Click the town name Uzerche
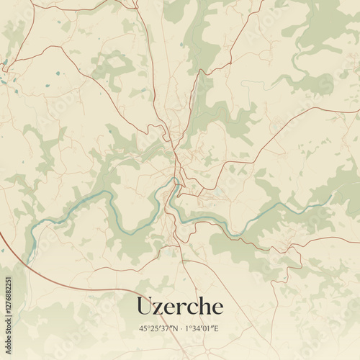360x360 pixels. point(179,306)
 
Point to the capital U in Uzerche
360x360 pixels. point(143,306)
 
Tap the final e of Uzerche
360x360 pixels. point(217,308)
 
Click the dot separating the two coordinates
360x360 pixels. point(181,329)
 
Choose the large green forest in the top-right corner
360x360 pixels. point(324,29)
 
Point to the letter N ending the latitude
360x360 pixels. point(175,329)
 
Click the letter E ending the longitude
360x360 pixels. point(219,329)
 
